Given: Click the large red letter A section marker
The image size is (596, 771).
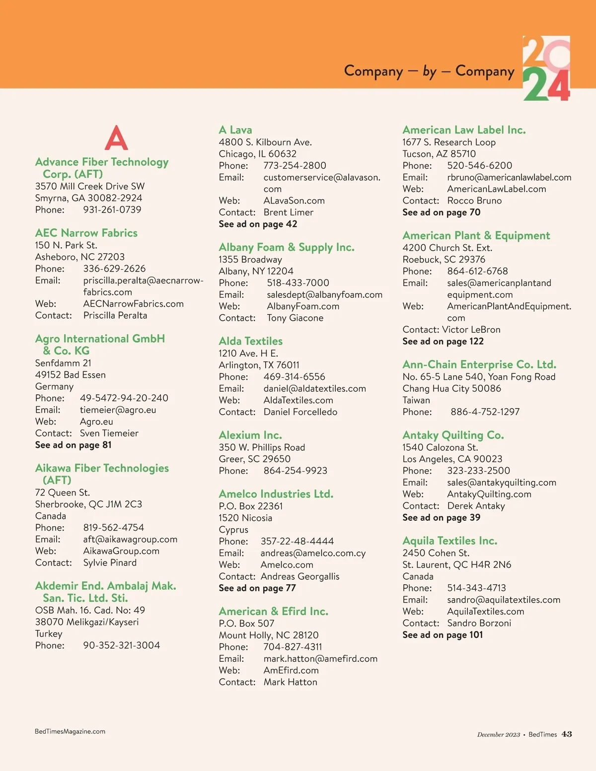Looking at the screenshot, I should tap(116, 138).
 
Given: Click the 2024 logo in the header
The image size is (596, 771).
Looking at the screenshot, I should tap(546, 69).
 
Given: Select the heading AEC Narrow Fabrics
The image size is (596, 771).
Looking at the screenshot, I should tap(86, 233).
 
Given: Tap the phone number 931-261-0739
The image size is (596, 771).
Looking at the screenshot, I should tap(112, 210).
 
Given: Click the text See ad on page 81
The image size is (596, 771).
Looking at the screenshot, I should tap(74, 445).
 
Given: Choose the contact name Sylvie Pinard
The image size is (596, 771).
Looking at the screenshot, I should tap(110, 562).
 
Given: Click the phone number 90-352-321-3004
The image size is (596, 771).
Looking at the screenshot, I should tap(122, 645).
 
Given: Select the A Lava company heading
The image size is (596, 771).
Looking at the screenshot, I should tap(235, 130).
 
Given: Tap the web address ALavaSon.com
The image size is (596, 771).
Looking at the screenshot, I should tap(294, 201).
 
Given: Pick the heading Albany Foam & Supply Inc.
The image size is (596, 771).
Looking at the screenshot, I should tap(287, 247).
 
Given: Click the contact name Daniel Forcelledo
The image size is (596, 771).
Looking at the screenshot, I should tap(300, 412).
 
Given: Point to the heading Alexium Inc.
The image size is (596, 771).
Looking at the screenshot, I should tap(250, 435).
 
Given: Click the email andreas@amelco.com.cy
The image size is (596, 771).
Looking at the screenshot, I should tap(313, 553).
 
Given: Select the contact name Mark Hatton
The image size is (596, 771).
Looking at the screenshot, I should tap(291, 682).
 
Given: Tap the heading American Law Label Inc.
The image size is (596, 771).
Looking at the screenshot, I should tap(464, 130).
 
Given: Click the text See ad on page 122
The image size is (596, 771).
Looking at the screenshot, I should tap(443, 341).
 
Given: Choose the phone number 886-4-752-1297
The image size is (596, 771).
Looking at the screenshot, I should tap(485, 412).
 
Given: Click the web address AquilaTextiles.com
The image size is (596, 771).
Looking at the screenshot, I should tap(486, 612).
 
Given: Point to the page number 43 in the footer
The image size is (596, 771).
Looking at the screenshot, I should tap(567, 734).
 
